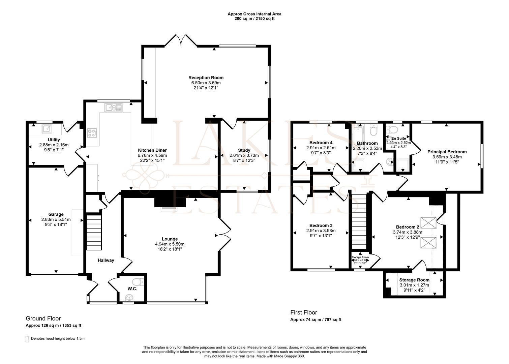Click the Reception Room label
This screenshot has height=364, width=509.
click(206, 78)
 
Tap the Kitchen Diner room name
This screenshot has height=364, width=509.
click(152, 150)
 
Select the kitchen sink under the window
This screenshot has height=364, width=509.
click(114, 108)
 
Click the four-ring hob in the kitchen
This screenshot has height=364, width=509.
click(92, 133)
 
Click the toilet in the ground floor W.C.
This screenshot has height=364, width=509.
click(138, 282)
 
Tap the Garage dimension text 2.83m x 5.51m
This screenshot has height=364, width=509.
click(56, 219)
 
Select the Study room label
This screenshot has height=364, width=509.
click(244, 150)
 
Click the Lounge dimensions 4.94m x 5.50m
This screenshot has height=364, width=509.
click(170, 244)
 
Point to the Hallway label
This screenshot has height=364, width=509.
click(106, 260)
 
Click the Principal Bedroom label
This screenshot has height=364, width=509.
click(447, 152)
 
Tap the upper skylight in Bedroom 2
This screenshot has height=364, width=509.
click(430, 223)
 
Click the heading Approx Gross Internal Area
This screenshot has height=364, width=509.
click(254, 14)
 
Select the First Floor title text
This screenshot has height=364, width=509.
click(304, 312)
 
